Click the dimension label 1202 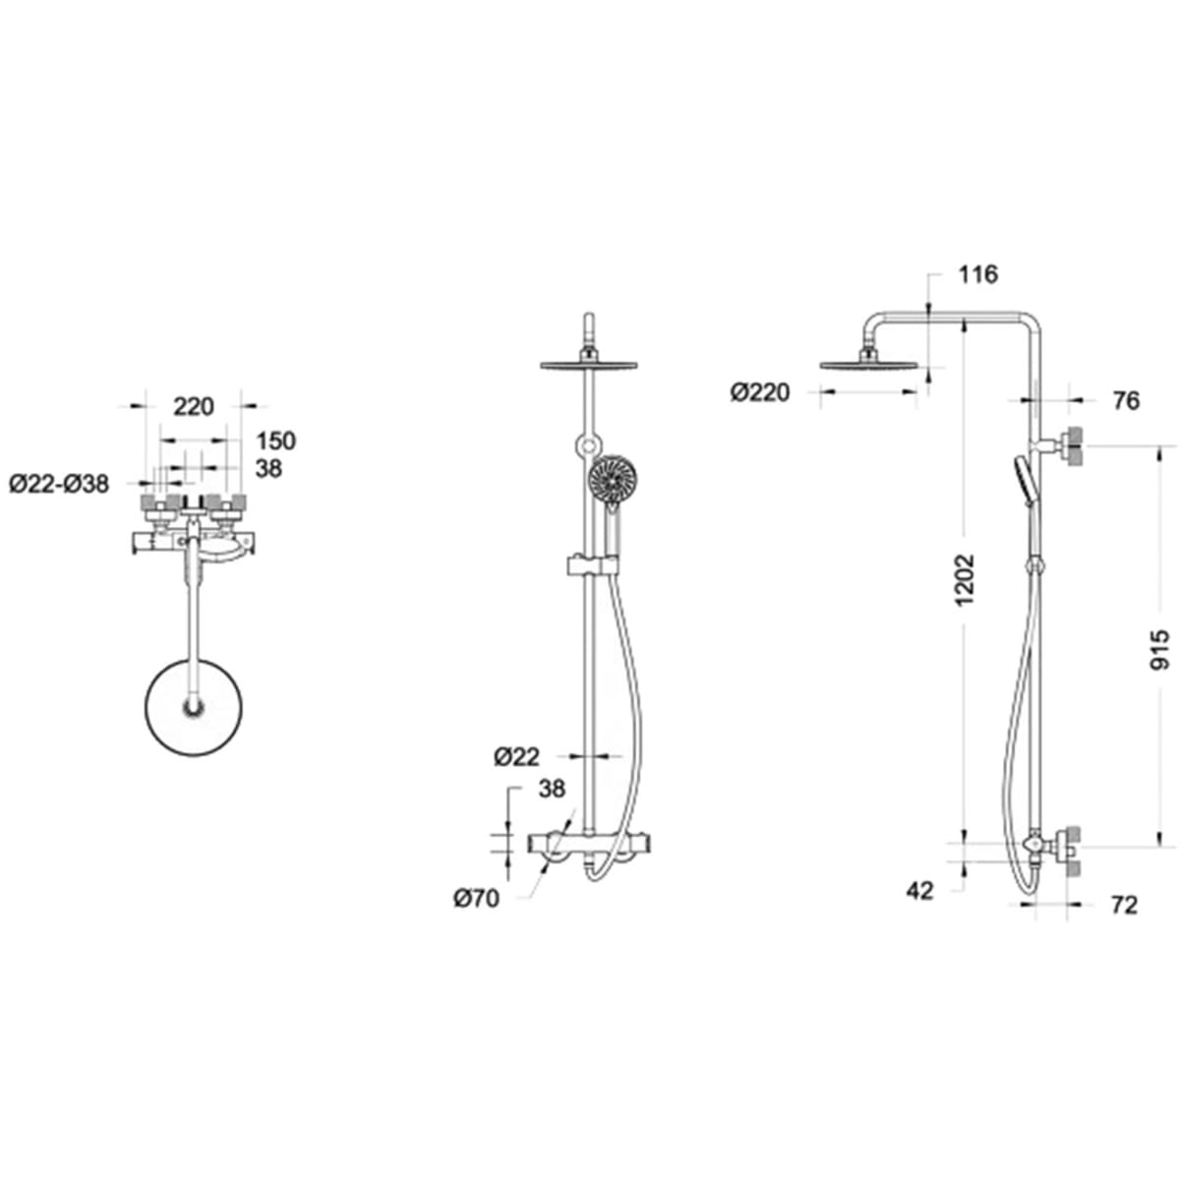pyautogui.click(x=964, y=579)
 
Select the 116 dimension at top pyautogui.click(x=977, y=274)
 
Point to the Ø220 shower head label pyautogui.click(x=760, y=392)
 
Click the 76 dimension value pyautogui.click(x=1126, y=401)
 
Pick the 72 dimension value pyautogui.click(x=1124, y=905)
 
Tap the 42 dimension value pyautogui.click(x=919, y=891)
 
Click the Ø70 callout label pyautogui.click(x=476, y=899)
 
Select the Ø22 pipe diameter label pyautogui.click(x=517, y=758)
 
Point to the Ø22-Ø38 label pyautogui.click(x=59, y=485)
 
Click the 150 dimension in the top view pyautogui.click(x=275, y=441)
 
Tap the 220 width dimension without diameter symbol pyautogui.click(x=194, y=406)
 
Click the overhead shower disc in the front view pyautogui.click(x=588, y=366)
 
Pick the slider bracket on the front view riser pyautogui.click(x=592, y=564)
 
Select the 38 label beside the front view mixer pyautogui.click(x=552, y=790)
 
